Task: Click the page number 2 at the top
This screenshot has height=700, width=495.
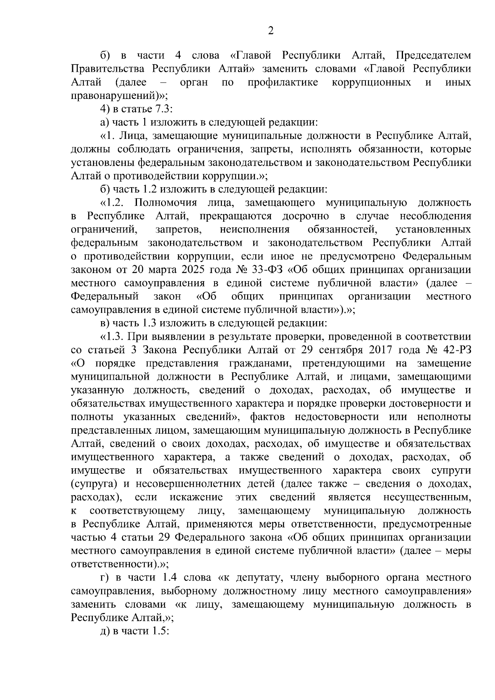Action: tap(271, 31)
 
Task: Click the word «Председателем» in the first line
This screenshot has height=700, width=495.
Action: tap(433, 56)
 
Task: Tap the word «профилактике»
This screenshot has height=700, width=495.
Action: tap(283, 82)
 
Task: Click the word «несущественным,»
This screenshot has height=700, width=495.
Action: tap(427, 498)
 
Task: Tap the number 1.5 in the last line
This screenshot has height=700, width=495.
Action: tap(160, 632)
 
